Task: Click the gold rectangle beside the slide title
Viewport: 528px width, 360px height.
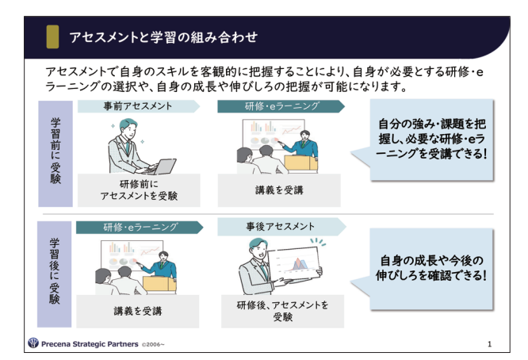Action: coord(52,36)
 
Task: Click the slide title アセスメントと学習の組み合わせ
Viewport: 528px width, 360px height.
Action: coord(163,37)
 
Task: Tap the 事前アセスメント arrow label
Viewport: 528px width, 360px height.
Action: coord(139,106)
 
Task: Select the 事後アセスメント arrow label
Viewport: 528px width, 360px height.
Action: coord(281,227)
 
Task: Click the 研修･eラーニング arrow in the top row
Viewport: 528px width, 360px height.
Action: coord(281,106)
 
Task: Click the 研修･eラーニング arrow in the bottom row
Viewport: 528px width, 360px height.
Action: coord(140,228)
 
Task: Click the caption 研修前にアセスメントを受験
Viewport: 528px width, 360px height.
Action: coord(139,190)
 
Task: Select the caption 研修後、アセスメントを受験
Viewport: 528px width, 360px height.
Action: coord(282,311)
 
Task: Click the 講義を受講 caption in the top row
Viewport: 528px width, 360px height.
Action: coord(279,190)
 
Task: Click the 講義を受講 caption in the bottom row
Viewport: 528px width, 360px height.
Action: coord(137,311)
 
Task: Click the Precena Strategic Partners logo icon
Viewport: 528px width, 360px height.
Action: coord(33,343)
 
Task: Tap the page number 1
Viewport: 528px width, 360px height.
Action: coord(489,344)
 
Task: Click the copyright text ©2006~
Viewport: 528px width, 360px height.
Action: coord(153,344)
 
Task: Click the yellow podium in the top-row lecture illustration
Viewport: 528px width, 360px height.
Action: coord(300,163)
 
